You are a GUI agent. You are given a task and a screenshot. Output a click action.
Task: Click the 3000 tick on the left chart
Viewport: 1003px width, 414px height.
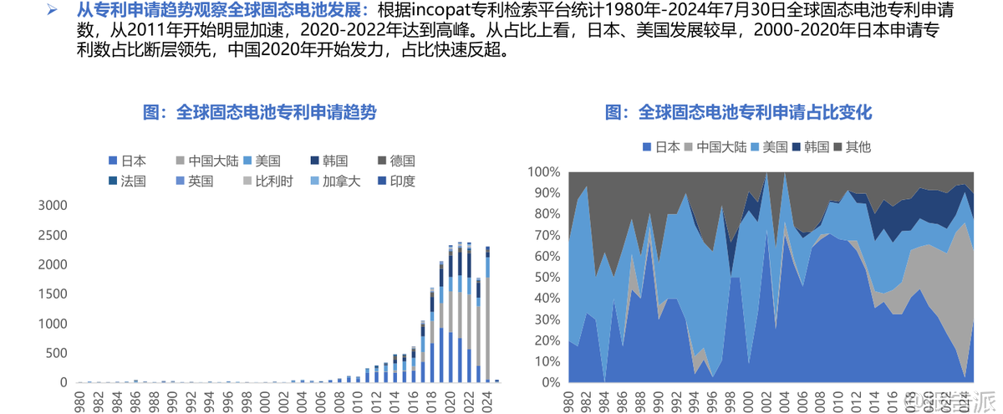tap(52, 206)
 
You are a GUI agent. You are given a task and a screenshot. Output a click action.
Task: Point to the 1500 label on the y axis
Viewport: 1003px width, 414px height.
tap(52, 294)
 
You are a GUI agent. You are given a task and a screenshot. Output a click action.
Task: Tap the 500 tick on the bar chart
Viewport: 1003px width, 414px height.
tap(57, 353)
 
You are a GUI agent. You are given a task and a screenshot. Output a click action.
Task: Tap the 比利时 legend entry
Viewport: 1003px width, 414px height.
tap(267, 181)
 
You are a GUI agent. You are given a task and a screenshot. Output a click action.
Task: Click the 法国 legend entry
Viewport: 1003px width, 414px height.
tap(126, 181)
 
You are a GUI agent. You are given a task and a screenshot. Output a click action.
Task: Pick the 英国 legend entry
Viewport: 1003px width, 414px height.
tap(193, 181)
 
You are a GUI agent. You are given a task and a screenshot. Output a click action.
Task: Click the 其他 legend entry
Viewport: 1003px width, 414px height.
tap(852, 147)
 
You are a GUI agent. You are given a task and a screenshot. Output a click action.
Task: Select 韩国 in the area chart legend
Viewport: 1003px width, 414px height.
tap(810, 147)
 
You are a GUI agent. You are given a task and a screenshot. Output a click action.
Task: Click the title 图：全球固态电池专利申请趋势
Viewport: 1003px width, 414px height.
tap(259, 113)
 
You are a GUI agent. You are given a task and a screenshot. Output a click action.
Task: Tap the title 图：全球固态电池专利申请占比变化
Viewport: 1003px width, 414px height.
tap(738, 113)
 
